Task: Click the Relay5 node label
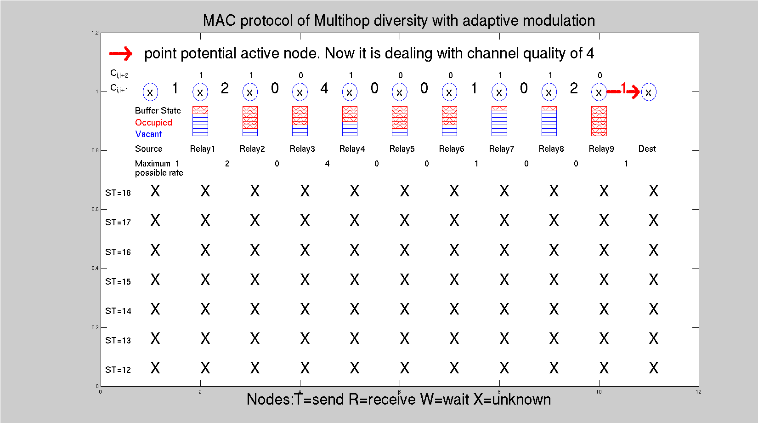[402, 149]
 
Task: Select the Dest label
[647, 149]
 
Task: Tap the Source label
[148, 149]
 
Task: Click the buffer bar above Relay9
[599, 121]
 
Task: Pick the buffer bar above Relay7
[499, 121]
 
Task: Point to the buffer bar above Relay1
[200, 121]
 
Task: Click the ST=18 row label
[118, 193]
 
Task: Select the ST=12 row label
[118, 370]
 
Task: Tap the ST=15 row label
[118, 281]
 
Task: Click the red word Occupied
[153, 123]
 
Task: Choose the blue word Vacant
[148, 134]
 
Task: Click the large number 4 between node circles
[324, 88]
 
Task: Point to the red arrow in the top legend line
[120, 53]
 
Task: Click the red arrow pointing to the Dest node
[623, 91]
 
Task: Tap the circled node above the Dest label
[648, 92]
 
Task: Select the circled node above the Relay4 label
[350, 92]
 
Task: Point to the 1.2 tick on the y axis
[95, 33]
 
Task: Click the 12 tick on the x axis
[699, 392]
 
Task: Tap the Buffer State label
[158, 110]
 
